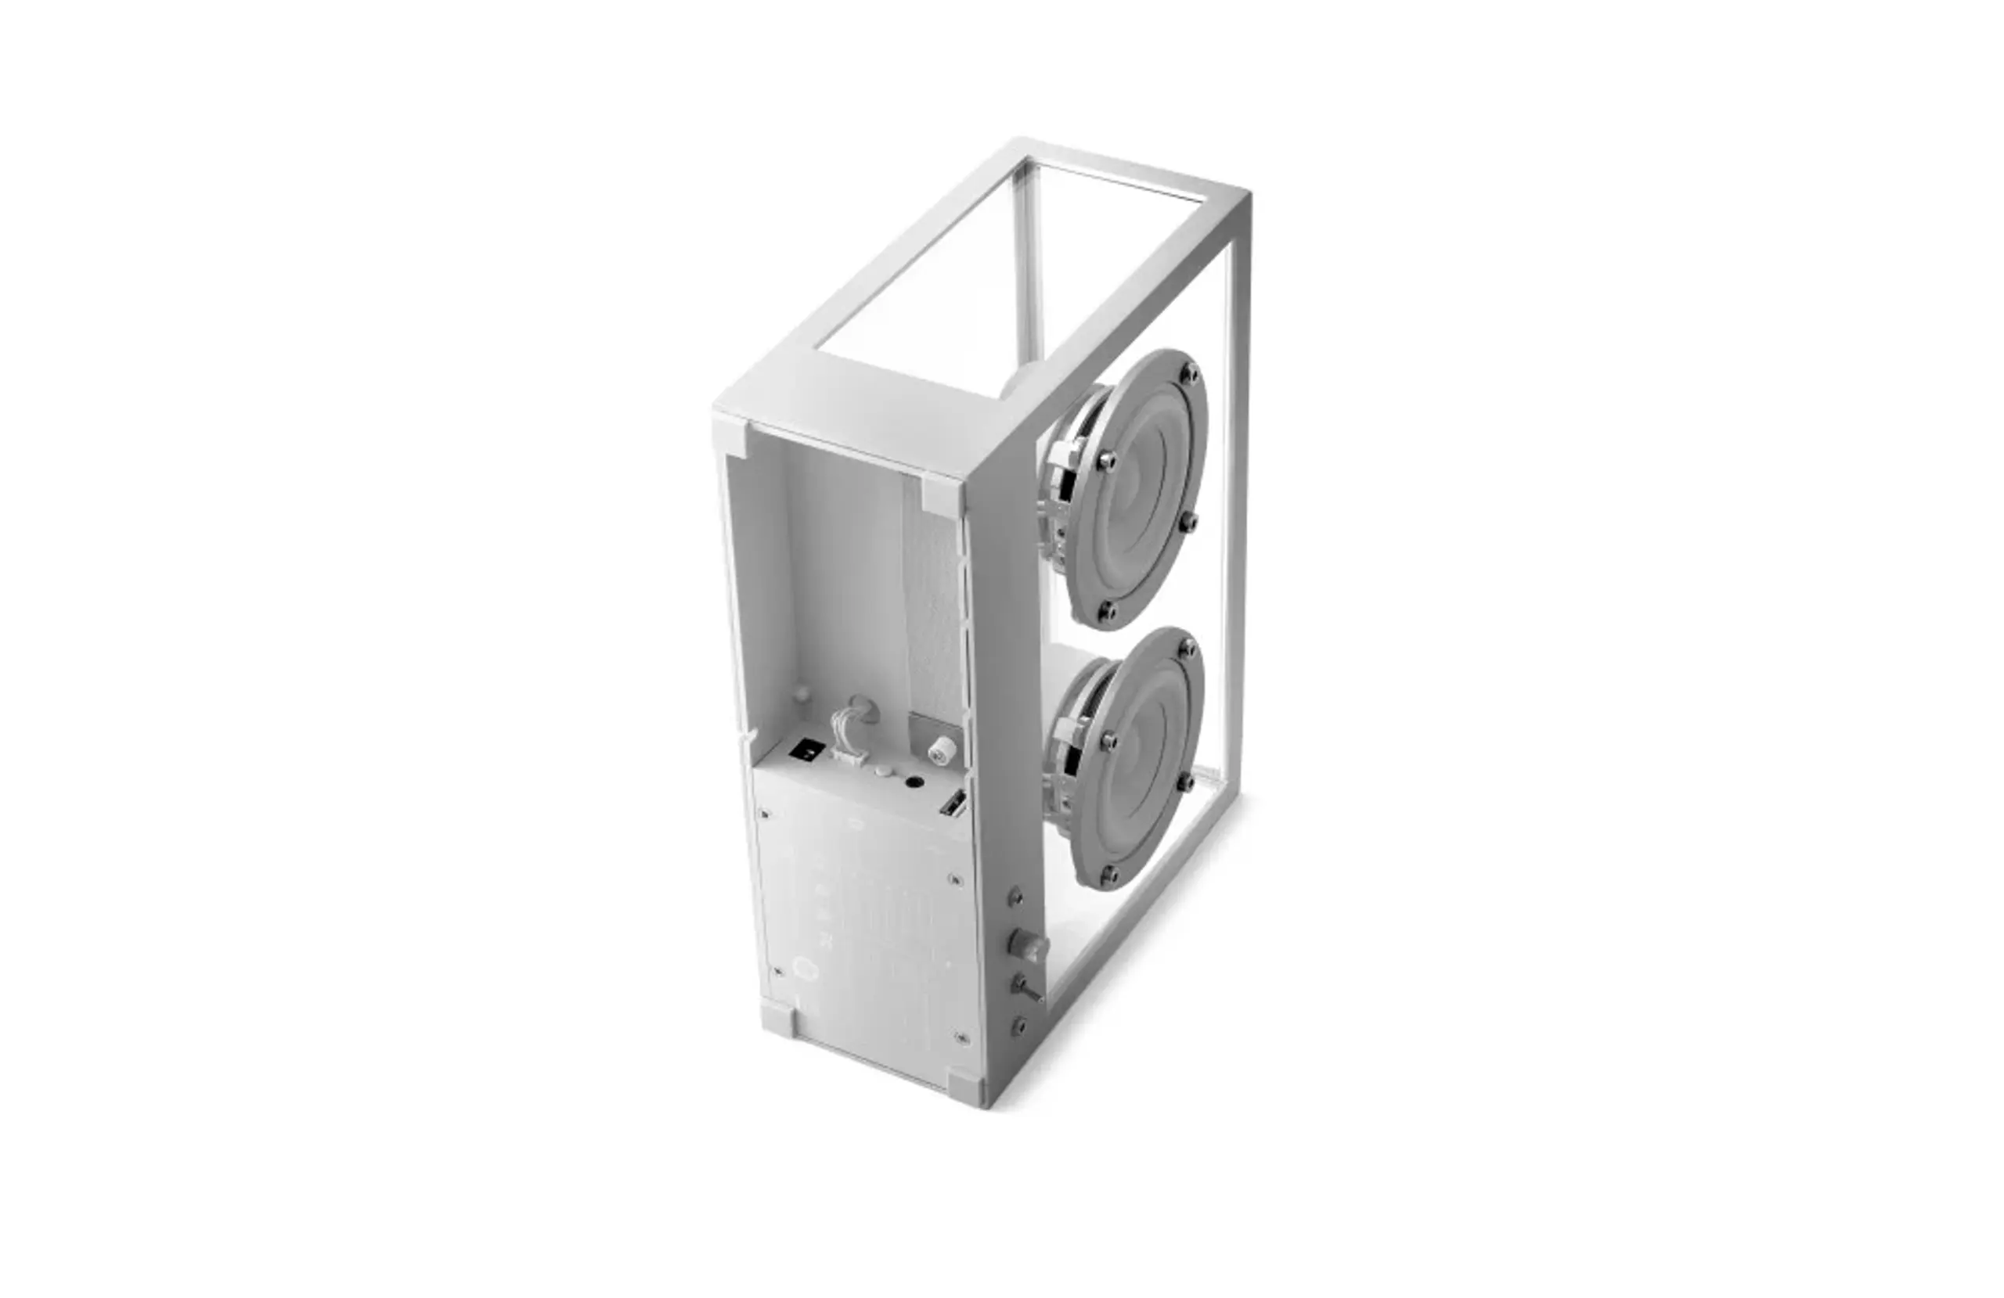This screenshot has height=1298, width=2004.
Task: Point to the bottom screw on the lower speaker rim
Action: (1109, 876)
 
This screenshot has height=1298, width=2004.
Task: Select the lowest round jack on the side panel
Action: (1020, 1026)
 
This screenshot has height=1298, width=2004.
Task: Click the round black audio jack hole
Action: (912, 783)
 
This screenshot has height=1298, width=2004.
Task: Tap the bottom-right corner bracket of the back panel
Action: (966, 1081)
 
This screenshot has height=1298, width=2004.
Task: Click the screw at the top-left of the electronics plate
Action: (765, 814)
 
